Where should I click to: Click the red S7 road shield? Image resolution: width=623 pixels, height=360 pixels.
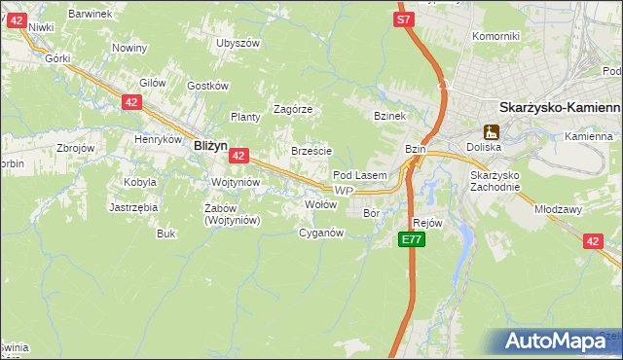point(405,18)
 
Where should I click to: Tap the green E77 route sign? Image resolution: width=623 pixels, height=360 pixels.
point(412,238)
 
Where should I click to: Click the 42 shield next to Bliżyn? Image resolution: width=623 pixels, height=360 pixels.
point(239,155)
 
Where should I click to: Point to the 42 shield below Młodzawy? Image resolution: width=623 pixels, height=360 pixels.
point(594,241)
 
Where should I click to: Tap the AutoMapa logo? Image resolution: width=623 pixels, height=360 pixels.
point(559,342)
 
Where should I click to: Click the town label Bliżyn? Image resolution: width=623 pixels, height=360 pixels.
point(210,144)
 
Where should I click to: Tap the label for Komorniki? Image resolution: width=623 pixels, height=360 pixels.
point(495,36)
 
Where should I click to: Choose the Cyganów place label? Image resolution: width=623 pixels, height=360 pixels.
point(321,233)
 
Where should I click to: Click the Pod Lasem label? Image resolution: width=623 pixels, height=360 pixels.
point(360,175)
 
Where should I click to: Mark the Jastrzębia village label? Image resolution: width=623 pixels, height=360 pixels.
point(133,207)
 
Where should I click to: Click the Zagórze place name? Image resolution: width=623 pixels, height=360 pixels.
point(292,109)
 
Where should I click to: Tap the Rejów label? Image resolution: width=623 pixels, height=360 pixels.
point(428,223)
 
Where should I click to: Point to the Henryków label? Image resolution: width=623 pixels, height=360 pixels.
point(159,139)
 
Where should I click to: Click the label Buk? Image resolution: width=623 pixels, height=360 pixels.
point(165,234)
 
